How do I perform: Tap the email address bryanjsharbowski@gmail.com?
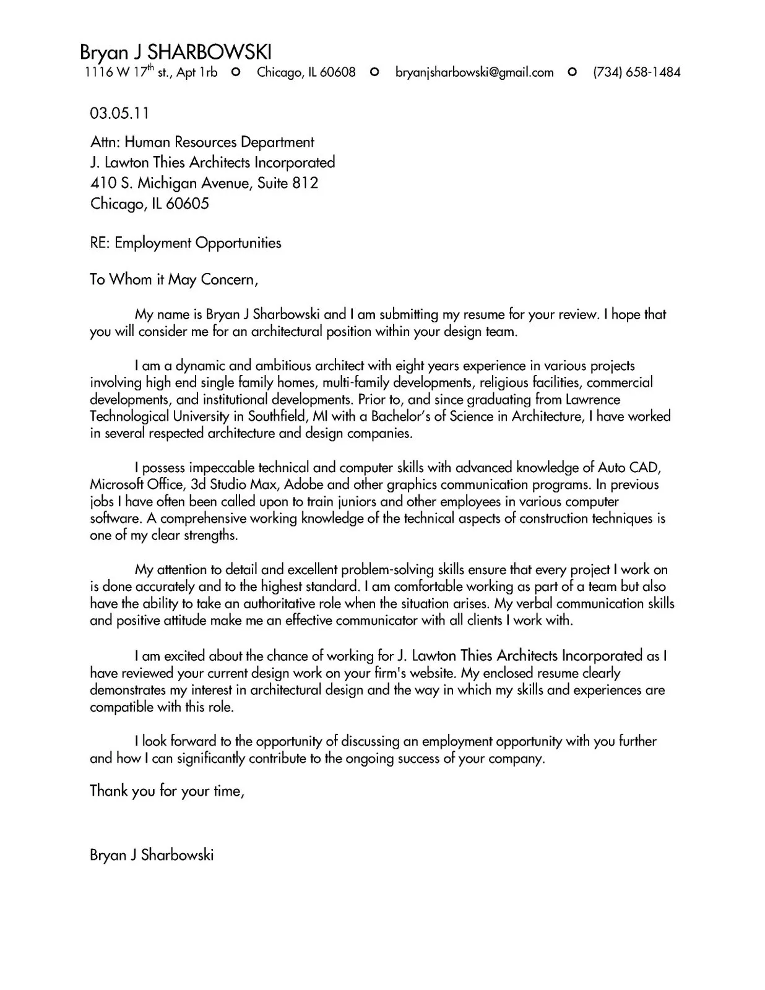pyautogui.click(x=474, y=72)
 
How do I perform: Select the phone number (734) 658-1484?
pyautogui.click(x=636, y=72)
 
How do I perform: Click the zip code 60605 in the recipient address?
pyautogui.click(x=188, y=204)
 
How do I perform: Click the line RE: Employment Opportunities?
pyautogui.click(x=186, y=243)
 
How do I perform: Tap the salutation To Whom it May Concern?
pyautogui.click(x=173, y=280)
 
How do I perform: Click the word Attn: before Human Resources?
pyautogui.click(x=105, y=142)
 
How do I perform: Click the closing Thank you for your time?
pyautogui.click(x=167, y=791)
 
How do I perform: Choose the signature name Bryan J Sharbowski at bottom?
pyautogui.click(x=152, y=855)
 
